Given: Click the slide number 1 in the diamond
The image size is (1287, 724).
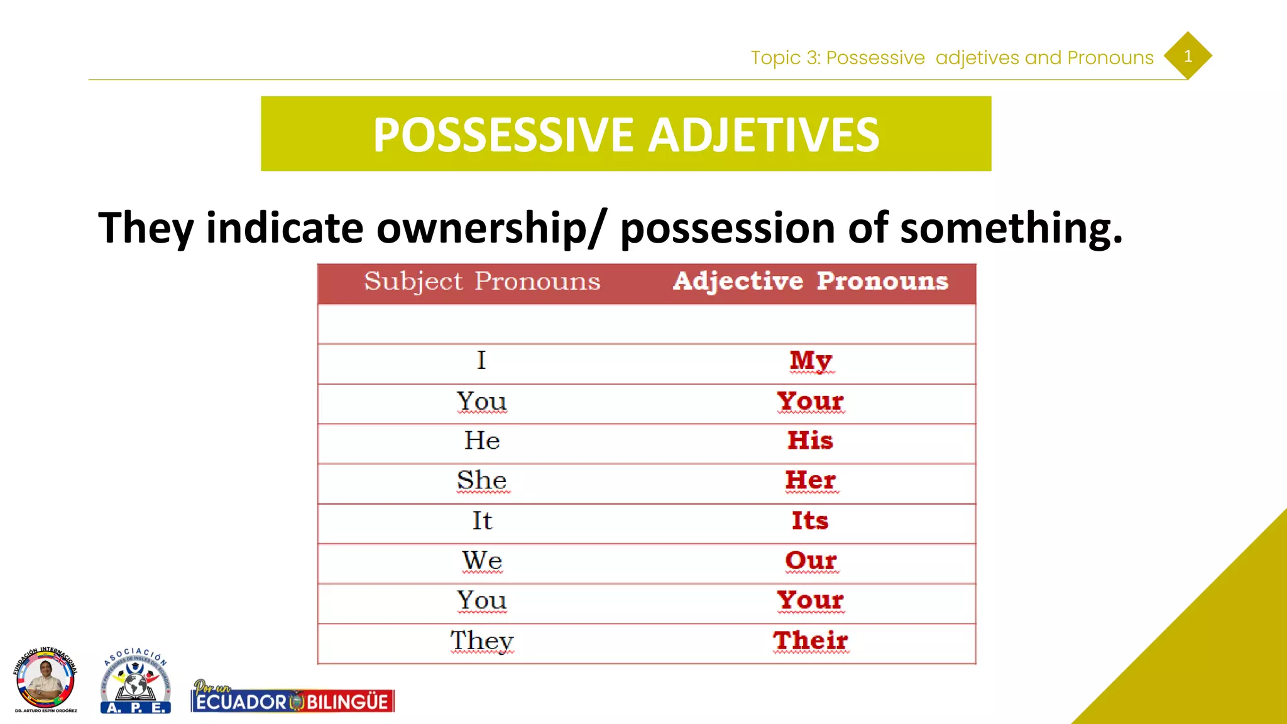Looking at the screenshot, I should point(1187,56).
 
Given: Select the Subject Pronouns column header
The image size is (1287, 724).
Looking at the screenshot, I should point(482,281).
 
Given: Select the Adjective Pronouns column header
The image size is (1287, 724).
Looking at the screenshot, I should point(810,281).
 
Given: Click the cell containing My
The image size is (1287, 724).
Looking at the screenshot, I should point(811,361).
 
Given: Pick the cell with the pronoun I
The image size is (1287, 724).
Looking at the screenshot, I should point(481,361).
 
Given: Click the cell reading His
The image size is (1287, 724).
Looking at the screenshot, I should point(810,441).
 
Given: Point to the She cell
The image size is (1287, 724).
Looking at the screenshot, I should point(482,481).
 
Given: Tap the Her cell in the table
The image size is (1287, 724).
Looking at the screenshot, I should point(810,481).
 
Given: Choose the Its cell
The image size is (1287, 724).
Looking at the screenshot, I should point(810,521).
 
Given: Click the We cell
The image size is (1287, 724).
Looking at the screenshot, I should point(482,561).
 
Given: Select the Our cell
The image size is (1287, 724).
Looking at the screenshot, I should point(810,561).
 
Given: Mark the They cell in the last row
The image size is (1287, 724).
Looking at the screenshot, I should point(482,641).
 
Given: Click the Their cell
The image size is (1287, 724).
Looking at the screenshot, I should point(810,641).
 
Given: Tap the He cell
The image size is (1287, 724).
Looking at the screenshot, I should point(482,441).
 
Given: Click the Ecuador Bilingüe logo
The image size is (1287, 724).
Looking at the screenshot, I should point(293,698).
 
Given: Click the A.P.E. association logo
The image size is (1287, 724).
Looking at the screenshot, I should point(136,681).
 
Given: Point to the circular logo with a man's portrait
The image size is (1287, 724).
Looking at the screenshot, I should point(45,680).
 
